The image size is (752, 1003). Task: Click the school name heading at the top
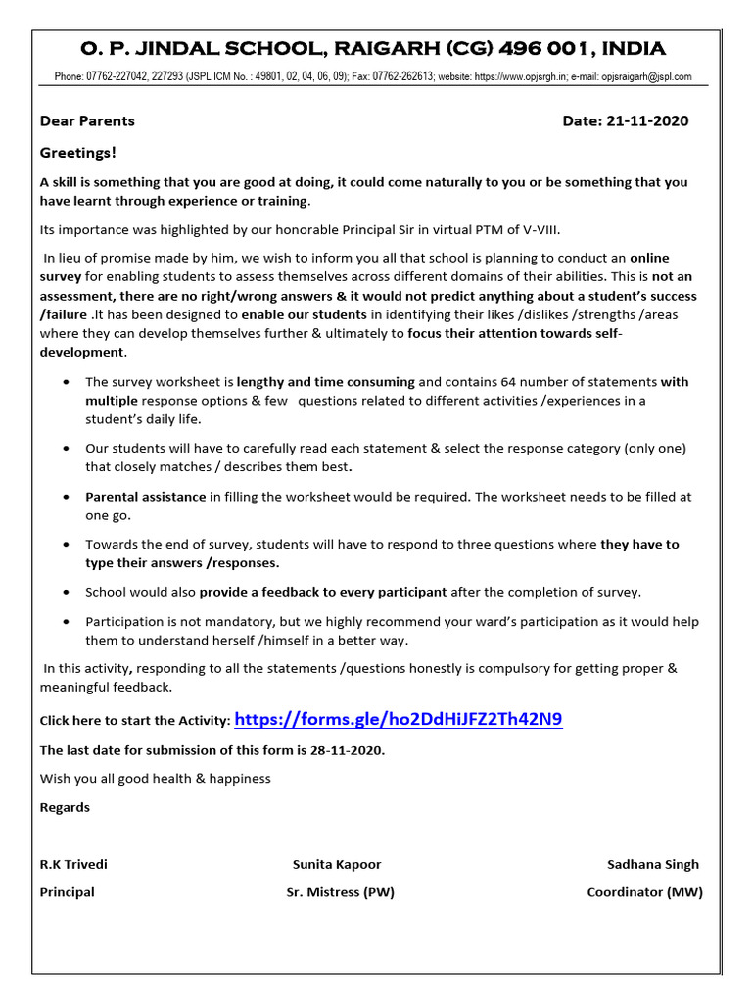point(375,48)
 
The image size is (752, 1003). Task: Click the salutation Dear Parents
point(87,121)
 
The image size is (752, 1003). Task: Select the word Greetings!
point(77,153)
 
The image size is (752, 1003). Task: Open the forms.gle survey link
point(399,720)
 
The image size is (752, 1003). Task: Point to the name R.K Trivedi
point(73,864)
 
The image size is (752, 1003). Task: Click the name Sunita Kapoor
point(337,864)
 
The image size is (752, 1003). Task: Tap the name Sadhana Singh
point(653,864)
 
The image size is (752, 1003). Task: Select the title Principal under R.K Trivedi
point(67,892)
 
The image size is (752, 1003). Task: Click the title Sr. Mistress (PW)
point(340,892)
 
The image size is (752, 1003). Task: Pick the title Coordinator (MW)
point(644,892)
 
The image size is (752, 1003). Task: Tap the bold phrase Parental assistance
point(145,497)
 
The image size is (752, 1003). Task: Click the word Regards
point(65,807)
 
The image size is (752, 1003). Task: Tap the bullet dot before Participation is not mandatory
point(65,622)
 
